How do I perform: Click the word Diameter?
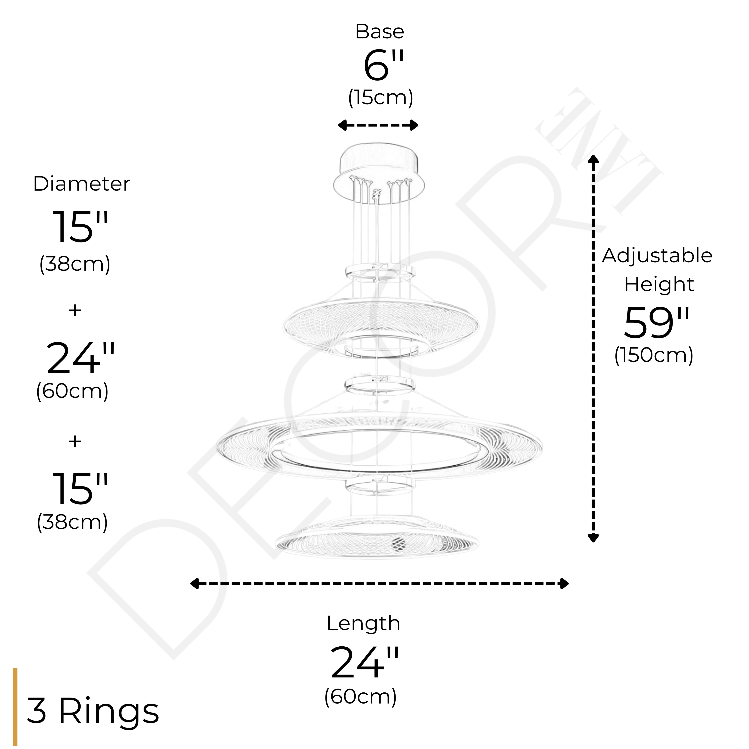click(81, 184)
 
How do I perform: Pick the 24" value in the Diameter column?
click(80, 359)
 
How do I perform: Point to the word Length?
click(363, 623)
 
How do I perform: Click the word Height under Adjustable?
click(659, 285)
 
